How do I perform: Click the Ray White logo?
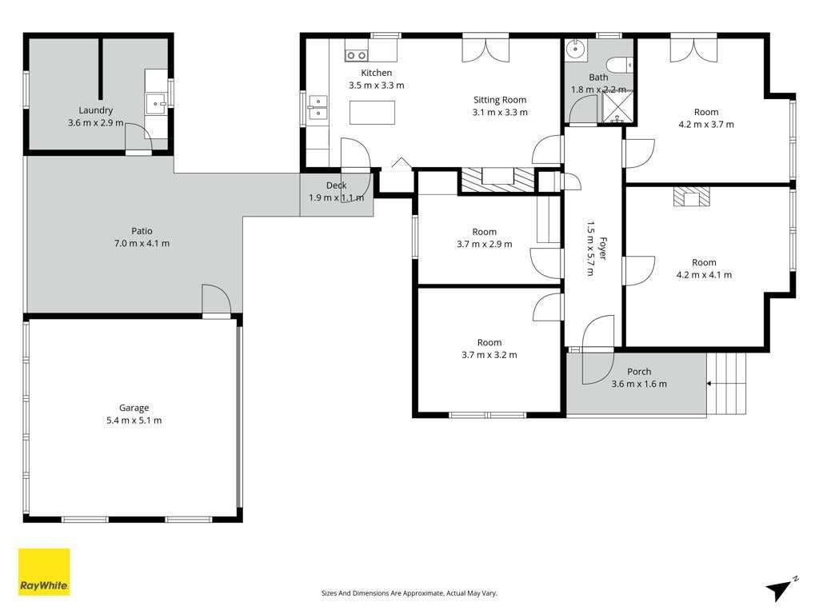point(44,572)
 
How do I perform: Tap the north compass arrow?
point(780,590)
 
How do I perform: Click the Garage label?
point(134,408)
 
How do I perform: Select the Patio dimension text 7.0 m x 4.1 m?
point(142,243)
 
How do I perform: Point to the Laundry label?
point(96,110)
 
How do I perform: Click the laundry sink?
point(156,104)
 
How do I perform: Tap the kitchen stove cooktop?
point(356,55)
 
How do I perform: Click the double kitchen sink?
point(318,107)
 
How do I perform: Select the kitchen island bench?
point(372,112)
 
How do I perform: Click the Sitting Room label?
point(500,100)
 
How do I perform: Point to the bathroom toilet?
point(620,66)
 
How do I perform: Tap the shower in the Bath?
point(617,108)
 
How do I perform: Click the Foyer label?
point(602,248)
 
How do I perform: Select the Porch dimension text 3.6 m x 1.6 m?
point(639,384)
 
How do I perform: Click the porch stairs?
point(726,383)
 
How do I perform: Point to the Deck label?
point(337,185)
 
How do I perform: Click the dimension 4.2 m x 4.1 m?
point(704,275)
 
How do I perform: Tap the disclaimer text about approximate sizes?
point(409,593)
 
